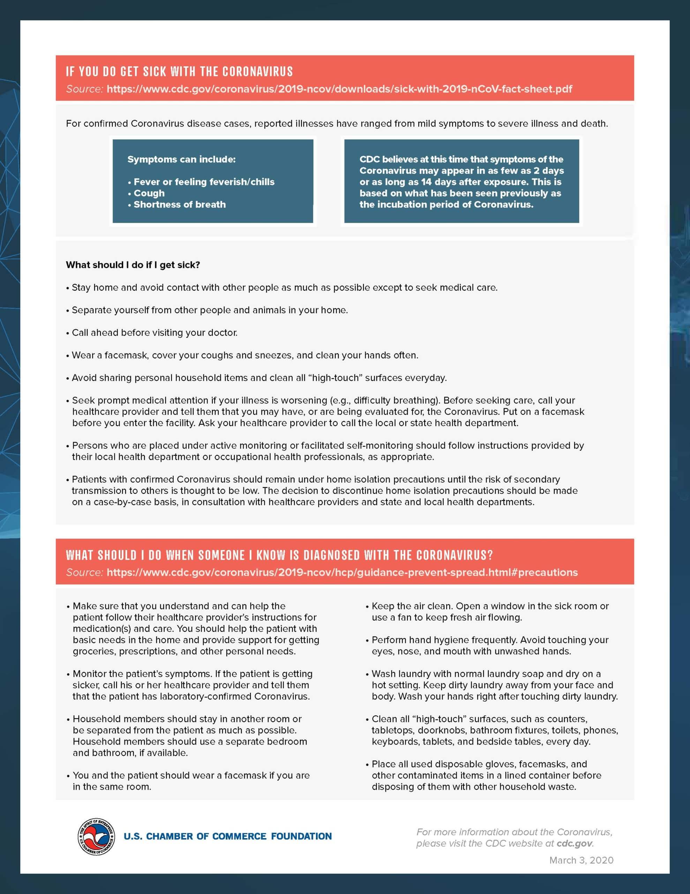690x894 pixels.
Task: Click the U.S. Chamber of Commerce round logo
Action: coord(96,837)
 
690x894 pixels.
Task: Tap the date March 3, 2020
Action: coord(581,860)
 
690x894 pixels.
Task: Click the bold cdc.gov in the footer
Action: coord(574,843)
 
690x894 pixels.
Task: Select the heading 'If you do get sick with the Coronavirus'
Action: coord(180,72)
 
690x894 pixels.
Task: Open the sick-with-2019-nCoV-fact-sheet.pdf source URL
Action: coord(339,89)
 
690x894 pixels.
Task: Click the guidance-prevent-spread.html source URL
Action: coord(342,572)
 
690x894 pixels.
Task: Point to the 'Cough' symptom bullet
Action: coord(149,193)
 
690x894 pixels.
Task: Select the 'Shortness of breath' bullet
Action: coord(180,205)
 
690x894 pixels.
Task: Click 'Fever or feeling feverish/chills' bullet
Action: coord(204,182)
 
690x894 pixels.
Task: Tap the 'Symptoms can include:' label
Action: coord(181,159)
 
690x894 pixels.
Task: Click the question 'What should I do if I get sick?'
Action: coord(133,265)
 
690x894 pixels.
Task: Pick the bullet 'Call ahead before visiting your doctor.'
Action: coord(154,332)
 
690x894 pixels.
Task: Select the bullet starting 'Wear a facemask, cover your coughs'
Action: coord(245,355)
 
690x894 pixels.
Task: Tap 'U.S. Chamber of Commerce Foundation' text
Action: coord(227,836)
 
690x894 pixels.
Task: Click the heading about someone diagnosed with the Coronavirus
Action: coord(279,555)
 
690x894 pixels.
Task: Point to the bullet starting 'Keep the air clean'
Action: coord(489,611)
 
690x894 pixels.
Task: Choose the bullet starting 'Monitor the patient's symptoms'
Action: coord(192,685)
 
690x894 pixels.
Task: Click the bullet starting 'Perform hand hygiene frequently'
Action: coord(489,645)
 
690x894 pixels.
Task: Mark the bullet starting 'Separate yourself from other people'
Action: coord(209,310)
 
